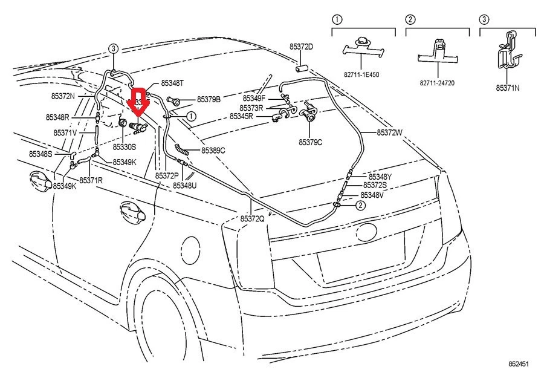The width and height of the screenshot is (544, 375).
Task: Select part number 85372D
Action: pyautogui.click(x=301, y=47)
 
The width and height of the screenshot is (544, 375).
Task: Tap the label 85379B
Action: pyautogui.click(x=209, y=99)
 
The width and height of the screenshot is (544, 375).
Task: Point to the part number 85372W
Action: pyautogui.click(x=389, y=132)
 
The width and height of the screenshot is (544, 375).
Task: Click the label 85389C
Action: pyautogui.click(x=213, y=150)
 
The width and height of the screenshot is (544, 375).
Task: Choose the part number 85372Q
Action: pyautogui.click(x=252, y=218)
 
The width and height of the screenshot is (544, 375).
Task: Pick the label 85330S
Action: pyautogui.click(x=125, y=147)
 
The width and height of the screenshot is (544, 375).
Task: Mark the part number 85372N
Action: pyautogui.click(x=63, y=96)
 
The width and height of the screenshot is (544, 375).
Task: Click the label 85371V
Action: pyautogui.click(x=65, y=132)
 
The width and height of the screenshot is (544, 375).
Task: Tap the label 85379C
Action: pyautogui.click(x=310, y=142)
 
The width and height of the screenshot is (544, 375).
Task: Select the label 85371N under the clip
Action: pyautogui.click(x=508, y=88)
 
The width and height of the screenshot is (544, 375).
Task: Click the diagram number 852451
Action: pyautogui.click(x=518, y=364)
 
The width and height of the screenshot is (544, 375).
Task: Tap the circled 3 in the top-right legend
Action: pyautogui.click(x=484, y=19)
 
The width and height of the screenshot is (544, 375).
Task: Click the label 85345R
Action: pyautogui.click(x=241, y=116)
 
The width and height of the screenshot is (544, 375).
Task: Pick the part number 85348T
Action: pyautogui.click(x=173, y=84)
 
